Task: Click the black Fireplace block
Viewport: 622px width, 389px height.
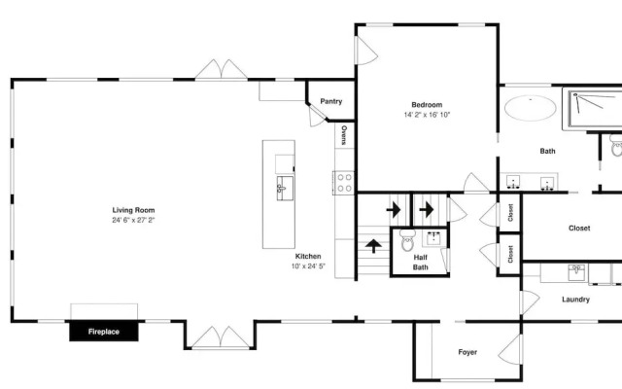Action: [104, 331]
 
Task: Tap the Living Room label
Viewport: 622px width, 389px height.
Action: [133, 210]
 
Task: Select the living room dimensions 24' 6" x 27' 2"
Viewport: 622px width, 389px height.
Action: [133, 220]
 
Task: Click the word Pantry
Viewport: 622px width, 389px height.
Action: [331, 101]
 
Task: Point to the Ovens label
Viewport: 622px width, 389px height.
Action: [344, 135]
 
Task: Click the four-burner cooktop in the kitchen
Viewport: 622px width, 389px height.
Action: [344, 183]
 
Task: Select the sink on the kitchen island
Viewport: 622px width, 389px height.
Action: [285, 188]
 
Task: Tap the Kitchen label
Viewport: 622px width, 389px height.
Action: [308, 256]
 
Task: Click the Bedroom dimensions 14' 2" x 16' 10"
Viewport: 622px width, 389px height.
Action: [427, 115]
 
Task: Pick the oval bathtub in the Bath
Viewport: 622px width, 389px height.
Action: [531, 108]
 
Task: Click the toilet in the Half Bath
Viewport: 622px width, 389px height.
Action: [407, 240]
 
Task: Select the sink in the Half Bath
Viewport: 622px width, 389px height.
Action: [435, 238]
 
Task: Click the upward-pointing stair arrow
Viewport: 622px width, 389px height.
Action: [373, 246]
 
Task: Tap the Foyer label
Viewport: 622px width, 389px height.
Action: [467, 352]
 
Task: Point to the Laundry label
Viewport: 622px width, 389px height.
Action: [575, 300]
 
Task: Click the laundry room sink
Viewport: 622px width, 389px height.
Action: [576, 272]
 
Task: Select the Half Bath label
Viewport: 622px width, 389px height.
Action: [421, 263]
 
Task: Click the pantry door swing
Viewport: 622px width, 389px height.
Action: [317, 118]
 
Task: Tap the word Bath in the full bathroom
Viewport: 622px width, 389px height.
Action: [547, 151]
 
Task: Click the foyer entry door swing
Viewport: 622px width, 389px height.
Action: [509, 349]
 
